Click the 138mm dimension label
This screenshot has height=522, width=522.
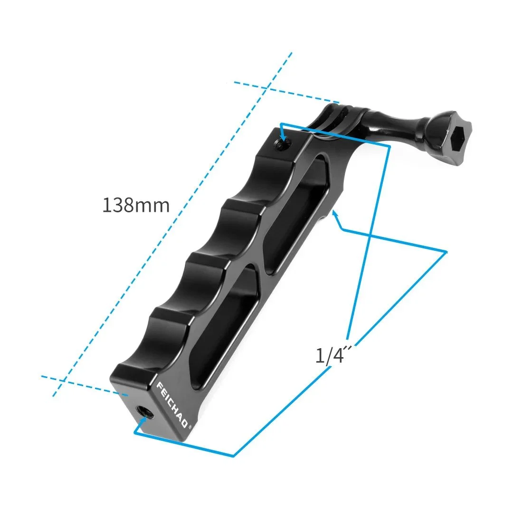[x=136, y=206]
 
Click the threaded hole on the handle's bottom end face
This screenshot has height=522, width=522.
[x=143, y=411]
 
